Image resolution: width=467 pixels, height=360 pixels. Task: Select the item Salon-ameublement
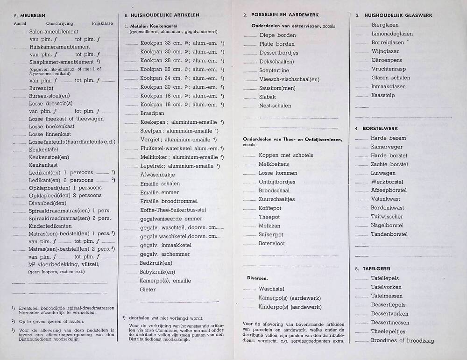click(x=53, y=32)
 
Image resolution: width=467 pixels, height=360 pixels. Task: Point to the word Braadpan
click(x=152, y=113)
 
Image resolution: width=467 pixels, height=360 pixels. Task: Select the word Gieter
click(x=148, y=289)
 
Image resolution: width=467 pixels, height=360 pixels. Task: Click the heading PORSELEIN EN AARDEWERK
click(x=282, y=15)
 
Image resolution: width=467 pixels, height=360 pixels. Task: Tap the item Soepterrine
click(x=274, y=71)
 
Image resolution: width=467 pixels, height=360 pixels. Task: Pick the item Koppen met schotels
click(x=286, y=155)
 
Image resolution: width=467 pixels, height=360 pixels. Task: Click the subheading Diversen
click(x=257, y=278)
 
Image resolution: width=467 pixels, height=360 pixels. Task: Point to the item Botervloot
click(x=272, y=243)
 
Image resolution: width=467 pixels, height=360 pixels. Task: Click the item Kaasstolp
click(x=383, y=95)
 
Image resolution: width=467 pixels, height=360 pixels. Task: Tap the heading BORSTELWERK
click(x=380, y=128)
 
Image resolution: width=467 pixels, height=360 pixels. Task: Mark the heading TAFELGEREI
click(x=376, y=269)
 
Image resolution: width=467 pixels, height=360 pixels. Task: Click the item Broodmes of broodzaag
click(x=402, y=340)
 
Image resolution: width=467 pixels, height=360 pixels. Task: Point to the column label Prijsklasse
click(x=102, y=23)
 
